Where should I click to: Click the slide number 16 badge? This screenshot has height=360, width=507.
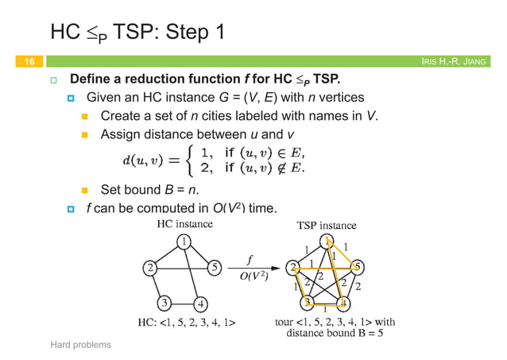(x=27, y=61)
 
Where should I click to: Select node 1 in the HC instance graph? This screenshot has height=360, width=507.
(x=183, y=242)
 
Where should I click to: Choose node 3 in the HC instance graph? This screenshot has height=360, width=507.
(x=163, y=303)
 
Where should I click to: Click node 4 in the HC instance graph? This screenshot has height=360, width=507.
(x=202, y=303)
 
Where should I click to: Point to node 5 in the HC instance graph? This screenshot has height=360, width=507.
(x=215, y=267)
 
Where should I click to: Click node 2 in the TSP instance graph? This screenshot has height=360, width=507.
(x=294, y=266)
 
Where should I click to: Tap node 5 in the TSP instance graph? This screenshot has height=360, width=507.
(x=358, y=266)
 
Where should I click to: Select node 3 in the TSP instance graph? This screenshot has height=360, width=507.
(x=307, y=303)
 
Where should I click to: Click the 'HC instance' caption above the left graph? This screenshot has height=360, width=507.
(x=183, y=224)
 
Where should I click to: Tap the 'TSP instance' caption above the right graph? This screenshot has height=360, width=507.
(x=327, y=225)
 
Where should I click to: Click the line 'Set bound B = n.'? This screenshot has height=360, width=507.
(x=148, y=190)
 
